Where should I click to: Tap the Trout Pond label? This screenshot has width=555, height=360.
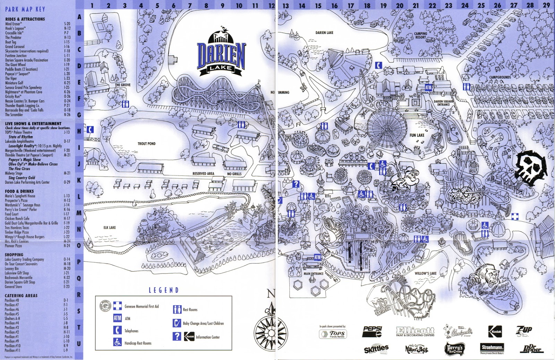pyautogui.click(x=146, y=144)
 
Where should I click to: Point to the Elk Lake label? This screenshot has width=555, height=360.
pyautogui.click(x=110, y=228)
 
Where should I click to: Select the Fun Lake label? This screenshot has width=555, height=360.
pyautogui.click(x=417, y=135)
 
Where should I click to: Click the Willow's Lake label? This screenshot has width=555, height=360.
pyautogui.click(x=425, y=273)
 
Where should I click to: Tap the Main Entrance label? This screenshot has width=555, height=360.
pyautogui.click(x=313, y=274)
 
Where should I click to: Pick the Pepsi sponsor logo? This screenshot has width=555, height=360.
pyautogui.click(x=372, y=331)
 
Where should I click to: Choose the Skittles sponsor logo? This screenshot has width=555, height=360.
pyautogui.click(x=376, y=349)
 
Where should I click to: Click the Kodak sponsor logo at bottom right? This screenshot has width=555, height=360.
pyautogui.click(x=495, y=332)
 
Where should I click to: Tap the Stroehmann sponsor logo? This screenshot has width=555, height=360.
pyautogui.click(x=492, y=348)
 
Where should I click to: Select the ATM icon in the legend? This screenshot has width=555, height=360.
pyautogui.click(x=117, y=318)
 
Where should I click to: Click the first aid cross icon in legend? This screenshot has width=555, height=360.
pyautogui.click(x=117, y=306)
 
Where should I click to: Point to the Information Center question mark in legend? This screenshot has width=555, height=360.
pyautogui.click(x=177, y=336)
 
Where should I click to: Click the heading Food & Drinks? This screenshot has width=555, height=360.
pyautogui.click(x=19, y=191)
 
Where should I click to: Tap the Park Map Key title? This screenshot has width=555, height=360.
pyautogui.click(x=25, y=9)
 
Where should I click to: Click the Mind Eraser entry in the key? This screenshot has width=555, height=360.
pyautogui.click(x=13, y=24)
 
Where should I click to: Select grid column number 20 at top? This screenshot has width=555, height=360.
pyautogui.click(x=400, y=5)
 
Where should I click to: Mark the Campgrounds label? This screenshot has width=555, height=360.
pyautogui.click(x=500, y=77)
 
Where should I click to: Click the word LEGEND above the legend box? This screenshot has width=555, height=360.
pyautogui.click(x=164, y=290)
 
